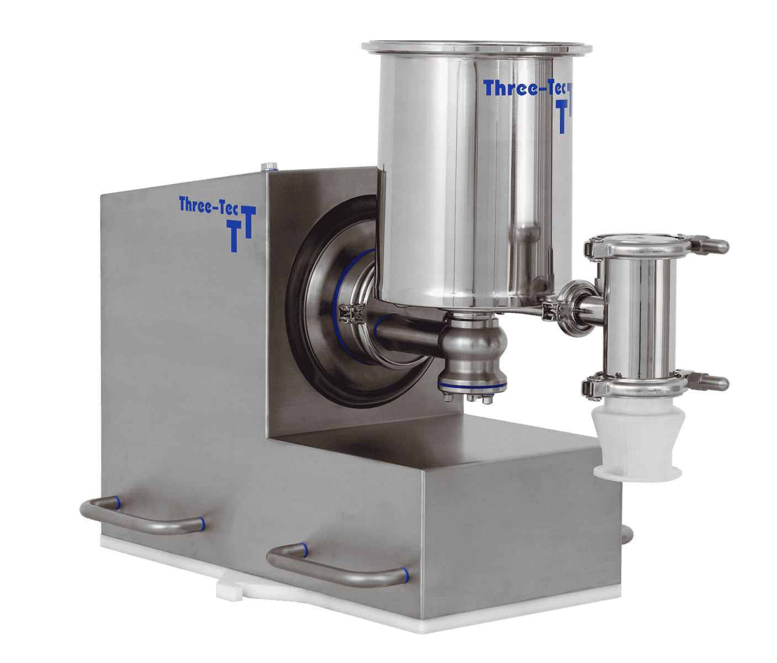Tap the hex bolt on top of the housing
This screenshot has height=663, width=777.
coord(269,166)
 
